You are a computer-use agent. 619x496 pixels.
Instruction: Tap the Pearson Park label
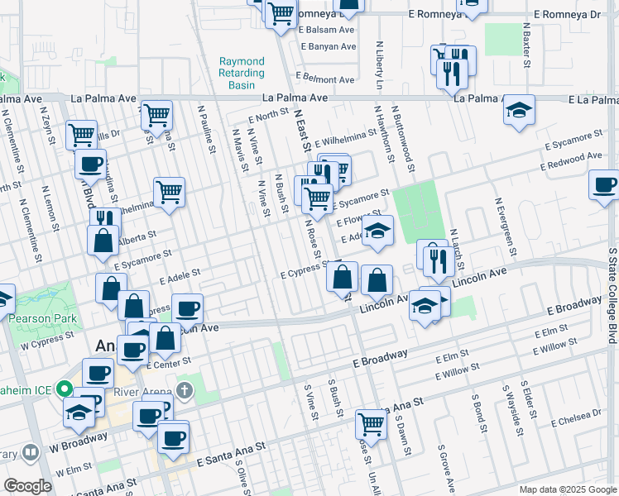point(43,318)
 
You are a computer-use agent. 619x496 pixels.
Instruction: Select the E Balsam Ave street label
point(326,29)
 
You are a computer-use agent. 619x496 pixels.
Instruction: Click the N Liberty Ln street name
point(380,65)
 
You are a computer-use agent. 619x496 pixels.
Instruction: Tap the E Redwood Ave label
point(571,161)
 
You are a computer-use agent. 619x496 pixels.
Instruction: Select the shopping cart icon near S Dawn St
point(372,424)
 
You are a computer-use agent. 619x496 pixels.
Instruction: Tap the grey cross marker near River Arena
point(184,389)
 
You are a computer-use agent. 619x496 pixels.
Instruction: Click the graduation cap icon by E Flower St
point(377,231)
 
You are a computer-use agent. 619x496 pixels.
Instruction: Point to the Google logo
point(28,486)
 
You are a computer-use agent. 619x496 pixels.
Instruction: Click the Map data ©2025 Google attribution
point(567,489)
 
